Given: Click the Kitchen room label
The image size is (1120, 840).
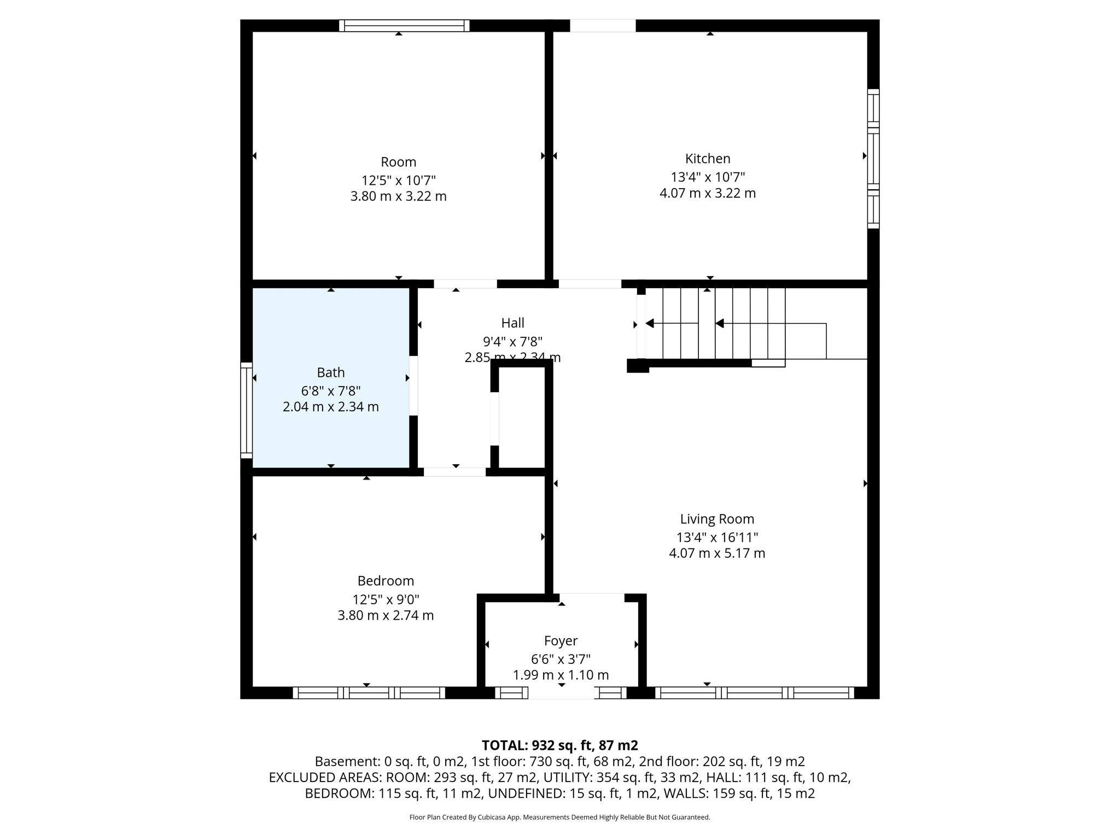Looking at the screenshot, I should point(707,159).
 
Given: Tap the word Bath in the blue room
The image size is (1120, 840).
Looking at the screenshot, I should point(331,372).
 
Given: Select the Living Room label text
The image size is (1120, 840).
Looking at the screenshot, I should point(716,519).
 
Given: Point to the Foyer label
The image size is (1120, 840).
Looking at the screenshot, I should point(561,640).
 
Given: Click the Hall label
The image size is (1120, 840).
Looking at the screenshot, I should point(512,323).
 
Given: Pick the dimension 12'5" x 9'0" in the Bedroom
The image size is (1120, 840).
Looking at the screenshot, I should point(386,599).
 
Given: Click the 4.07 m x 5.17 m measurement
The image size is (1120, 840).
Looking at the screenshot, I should point(716,553).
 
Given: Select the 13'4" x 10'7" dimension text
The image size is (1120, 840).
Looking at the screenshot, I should point(707,177).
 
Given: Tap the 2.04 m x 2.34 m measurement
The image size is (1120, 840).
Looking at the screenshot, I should point(331,407).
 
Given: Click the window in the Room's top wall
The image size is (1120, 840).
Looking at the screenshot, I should point(404,26).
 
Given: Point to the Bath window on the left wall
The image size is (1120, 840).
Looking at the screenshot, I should point(247,410).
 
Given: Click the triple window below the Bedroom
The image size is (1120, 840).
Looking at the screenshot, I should point(369,693).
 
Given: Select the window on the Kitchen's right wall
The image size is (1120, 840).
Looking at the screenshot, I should point(873,159).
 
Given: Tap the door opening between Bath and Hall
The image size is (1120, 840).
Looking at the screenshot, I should point(413,386).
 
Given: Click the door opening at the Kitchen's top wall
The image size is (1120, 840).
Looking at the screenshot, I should point(603,26).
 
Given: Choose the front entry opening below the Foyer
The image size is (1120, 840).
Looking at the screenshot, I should point(561,693).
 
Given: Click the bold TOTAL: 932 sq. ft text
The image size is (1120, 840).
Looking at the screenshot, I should point(559,745).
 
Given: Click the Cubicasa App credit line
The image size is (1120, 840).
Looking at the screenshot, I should point(559,817).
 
